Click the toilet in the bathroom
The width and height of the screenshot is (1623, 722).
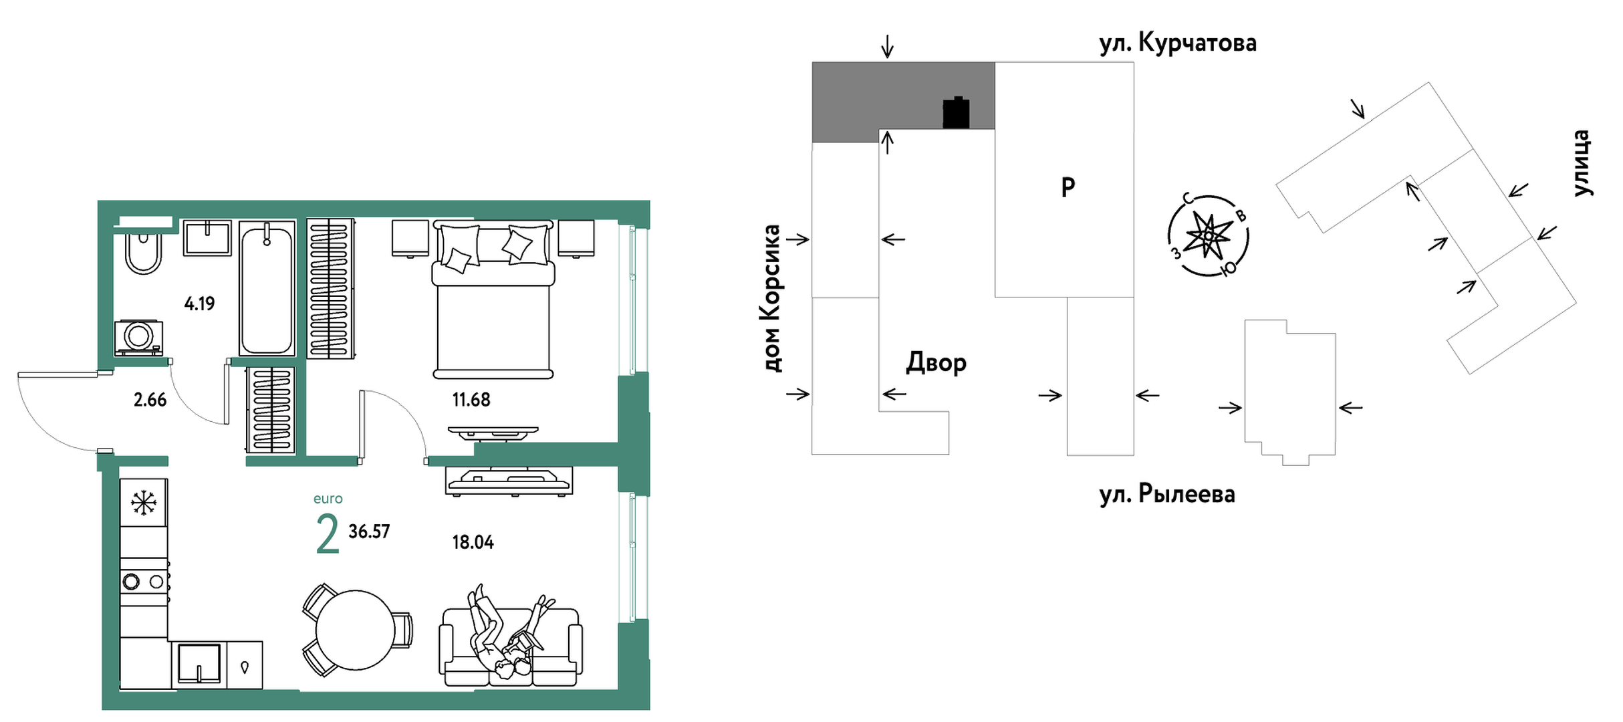(144, 253)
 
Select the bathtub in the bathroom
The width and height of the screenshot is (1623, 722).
(267, 289)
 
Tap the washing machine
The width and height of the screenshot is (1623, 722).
(139, 336)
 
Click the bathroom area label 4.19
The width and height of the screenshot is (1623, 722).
(199, 304)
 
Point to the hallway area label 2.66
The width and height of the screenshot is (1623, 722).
(150, 400)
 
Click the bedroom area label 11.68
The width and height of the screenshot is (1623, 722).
(471, 400)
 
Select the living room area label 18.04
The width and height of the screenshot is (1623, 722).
(473, 542)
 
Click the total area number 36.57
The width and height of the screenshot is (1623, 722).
(369, 531)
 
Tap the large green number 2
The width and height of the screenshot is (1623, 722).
(328, 535)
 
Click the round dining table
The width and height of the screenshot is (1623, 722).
(355, 630)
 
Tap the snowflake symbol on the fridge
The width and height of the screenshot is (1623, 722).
(144, 503)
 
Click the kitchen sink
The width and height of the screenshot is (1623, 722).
(199, 664)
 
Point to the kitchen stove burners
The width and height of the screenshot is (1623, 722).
(143, 582)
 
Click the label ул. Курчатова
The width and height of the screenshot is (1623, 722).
(1178, 43)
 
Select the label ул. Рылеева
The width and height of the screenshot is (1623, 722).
(1167, 494)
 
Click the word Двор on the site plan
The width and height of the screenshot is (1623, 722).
(936, 362)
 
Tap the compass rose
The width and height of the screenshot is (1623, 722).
(1208, 236)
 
